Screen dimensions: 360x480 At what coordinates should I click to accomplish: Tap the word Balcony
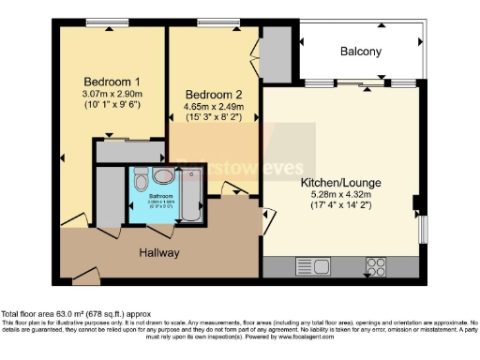point(361,52)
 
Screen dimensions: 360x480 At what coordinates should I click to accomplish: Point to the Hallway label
point(159,253)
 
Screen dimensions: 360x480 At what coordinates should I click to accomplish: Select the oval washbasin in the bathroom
point(163,175)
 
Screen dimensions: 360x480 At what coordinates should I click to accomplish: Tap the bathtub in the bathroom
point(191,193)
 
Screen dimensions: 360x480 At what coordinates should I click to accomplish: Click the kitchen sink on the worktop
point(307,264)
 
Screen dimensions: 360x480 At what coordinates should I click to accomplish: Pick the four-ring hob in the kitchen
point(378,264)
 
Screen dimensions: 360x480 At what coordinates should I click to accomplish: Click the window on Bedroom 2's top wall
point(211,22)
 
